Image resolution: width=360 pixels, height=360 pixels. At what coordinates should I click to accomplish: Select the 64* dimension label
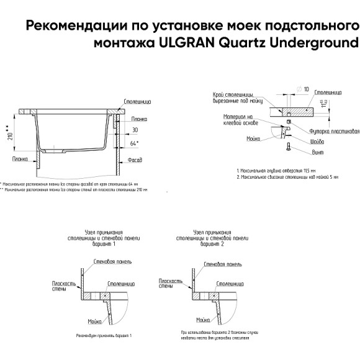tap(135, 143)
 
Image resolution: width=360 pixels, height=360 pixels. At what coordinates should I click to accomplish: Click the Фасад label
tap(136, 160)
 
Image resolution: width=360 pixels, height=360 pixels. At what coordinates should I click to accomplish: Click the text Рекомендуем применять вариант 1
tap(104, 335)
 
